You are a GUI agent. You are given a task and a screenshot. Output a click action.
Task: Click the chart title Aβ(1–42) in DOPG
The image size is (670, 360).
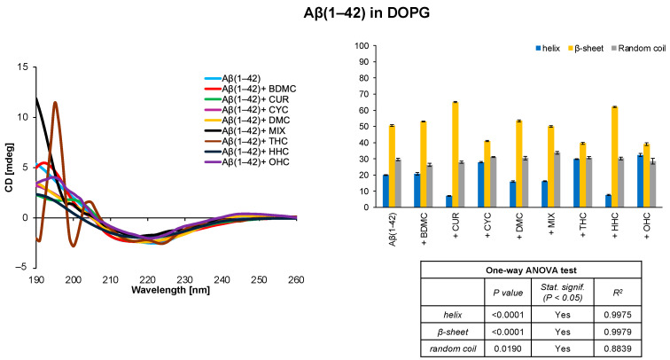coord(334,15)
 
